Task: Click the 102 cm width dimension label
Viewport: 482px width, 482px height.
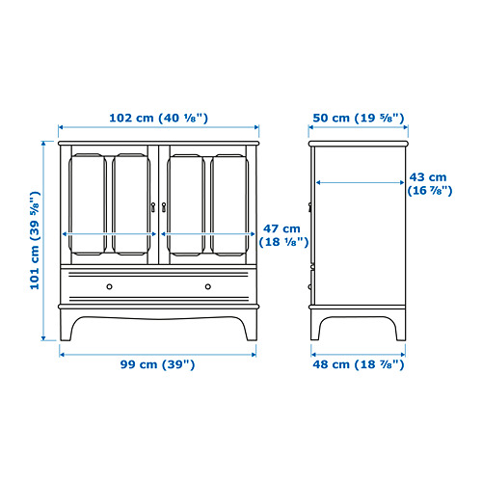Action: pyautogui.click(x=159, y=118)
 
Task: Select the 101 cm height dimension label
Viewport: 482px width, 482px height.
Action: pyautogui.click(x=35, y=240)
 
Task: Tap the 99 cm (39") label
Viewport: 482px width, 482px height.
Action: pyautogui.click(x=157, y=364)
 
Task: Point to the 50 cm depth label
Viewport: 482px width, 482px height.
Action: pyautogui.click(x=359, y=118)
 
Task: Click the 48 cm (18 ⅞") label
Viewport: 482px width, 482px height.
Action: pyautogui.click(x=359, y=364)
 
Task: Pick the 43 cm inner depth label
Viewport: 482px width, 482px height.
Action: pyautogui.click(x=430, y=184)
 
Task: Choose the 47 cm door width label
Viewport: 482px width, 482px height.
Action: pyautogui.click(x=283, y=235)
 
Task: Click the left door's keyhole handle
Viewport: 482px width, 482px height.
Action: pyautogui.click(x=153, y=207)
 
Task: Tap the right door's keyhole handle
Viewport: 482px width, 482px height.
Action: pyautogui.click(x=164, y=207)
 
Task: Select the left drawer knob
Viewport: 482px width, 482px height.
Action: pyautogui.click(x=110, y=286)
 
